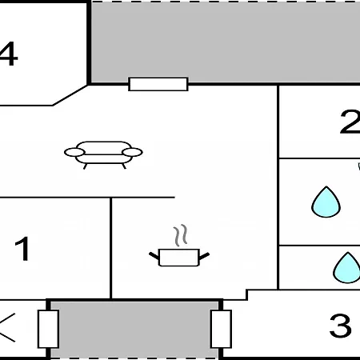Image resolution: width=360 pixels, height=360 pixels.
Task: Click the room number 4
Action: pyautogui.click(x=8, y=54)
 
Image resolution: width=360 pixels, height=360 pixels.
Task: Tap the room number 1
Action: pyautogui.click(x=22, y=249)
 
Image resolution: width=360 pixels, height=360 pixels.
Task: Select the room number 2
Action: pyautogui.click(x=350, y=122)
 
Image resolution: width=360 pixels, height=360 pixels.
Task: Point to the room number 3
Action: pyautogui.click(x=340, y=326)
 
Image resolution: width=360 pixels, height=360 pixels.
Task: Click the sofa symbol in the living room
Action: pyautogui.click(x=103, y=155)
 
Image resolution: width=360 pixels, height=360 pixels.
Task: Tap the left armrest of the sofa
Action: pyautogui.click(x=74, y=152)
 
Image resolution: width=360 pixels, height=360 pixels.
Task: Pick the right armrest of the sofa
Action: pyautogui.click(x=132, y=152)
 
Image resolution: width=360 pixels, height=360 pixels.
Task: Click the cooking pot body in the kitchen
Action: pyautogui.click(x=179, y=258)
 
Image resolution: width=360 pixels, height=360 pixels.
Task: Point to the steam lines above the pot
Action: pyautogui.click(x=181, y=235)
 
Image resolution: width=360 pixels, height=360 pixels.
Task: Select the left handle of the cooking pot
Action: pyautogui.click(x=154, y=256)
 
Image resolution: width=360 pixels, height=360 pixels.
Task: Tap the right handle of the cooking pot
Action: pyautogui.click(x=204, y=256)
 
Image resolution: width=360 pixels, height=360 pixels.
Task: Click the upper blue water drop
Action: pyautogui.click(x=326, y=202)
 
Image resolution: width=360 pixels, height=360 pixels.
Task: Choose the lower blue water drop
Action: pyautogui.click(x=347, y=268)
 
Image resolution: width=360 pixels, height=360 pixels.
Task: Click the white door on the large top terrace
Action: pyautogui.click(x=158, y=84)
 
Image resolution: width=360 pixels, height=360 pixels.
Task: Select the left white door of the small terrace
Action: pyautogui.click(x=48, y=329)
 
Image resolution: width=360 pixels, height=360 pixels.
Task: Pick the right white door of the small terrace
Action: pyautogui.click(x=221, y=329)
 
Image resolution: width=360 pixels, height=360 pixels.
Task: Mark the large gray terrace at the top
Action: pyautogui.click(x=226, y=42)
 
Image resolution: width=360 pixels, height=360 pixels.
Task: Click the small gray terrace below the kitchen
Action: pyautogui.click(x=134, y=330)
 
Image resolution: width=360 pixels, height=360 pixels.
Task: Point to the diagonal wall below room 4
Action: pyautogui.click(x=70, y=95)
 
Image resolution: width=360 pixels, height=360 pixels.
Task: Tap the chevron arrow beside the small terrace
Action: pyautogui.click(x=6, y=327)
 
